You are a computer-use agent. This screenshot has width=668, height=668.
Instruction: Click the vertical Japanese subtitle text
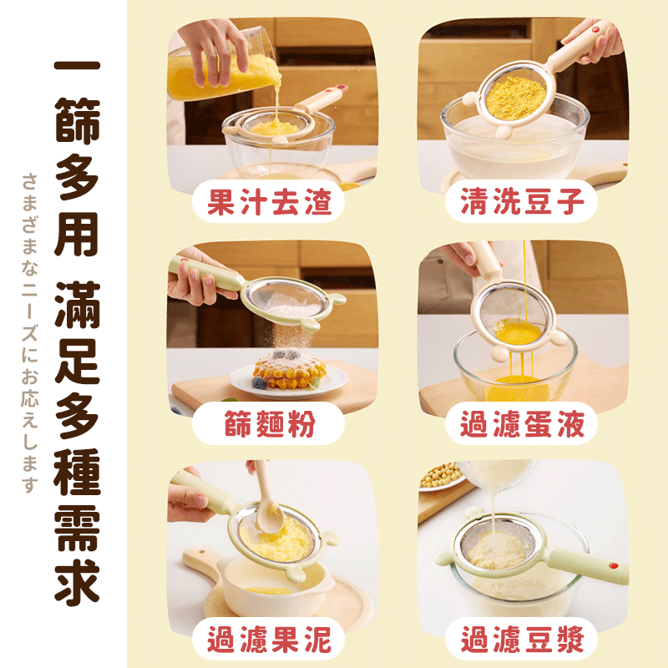click(x=30, y=334)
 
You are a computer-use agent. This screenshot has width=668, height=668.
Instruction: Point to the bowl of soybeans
click(x=438, y=476)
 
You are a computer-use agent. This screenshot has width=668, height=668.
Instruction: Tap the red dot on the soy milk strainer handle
click(x=615, y=565)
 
